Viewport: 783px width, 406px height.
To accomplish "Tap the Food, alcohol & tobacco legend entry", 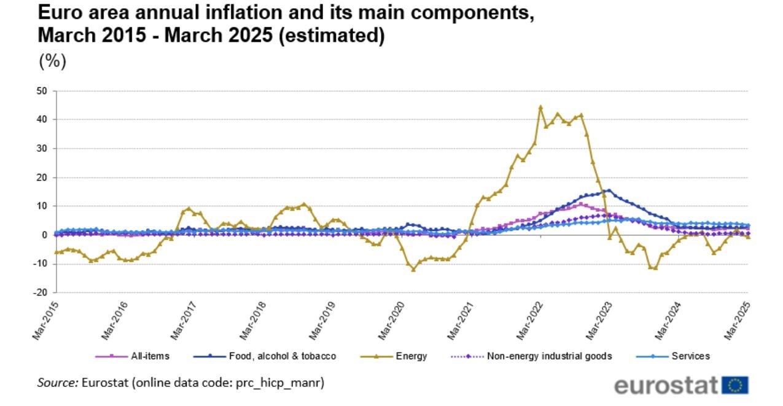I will (x=282, y=356).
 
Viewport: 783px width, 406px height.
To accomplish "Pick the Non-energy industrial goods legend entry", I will (x=549, y=356).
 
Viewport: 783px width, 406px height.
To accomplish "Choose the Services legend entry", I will (x=690, y=356).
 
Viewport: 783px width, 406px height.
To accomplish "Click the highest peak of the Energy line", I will (x=540, y=107).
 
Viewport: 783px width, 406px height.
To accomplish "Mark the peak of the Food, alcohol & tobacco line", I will (x=608, y=190).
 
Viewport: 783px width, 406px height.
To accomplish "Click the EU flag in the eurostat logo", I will (x=736, y=386).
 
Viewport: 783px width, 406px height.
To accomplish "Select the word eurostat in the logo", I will (x=666, y=386).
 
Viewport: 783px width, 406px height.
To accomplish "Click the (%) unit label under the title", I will (x=52, y=61).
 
